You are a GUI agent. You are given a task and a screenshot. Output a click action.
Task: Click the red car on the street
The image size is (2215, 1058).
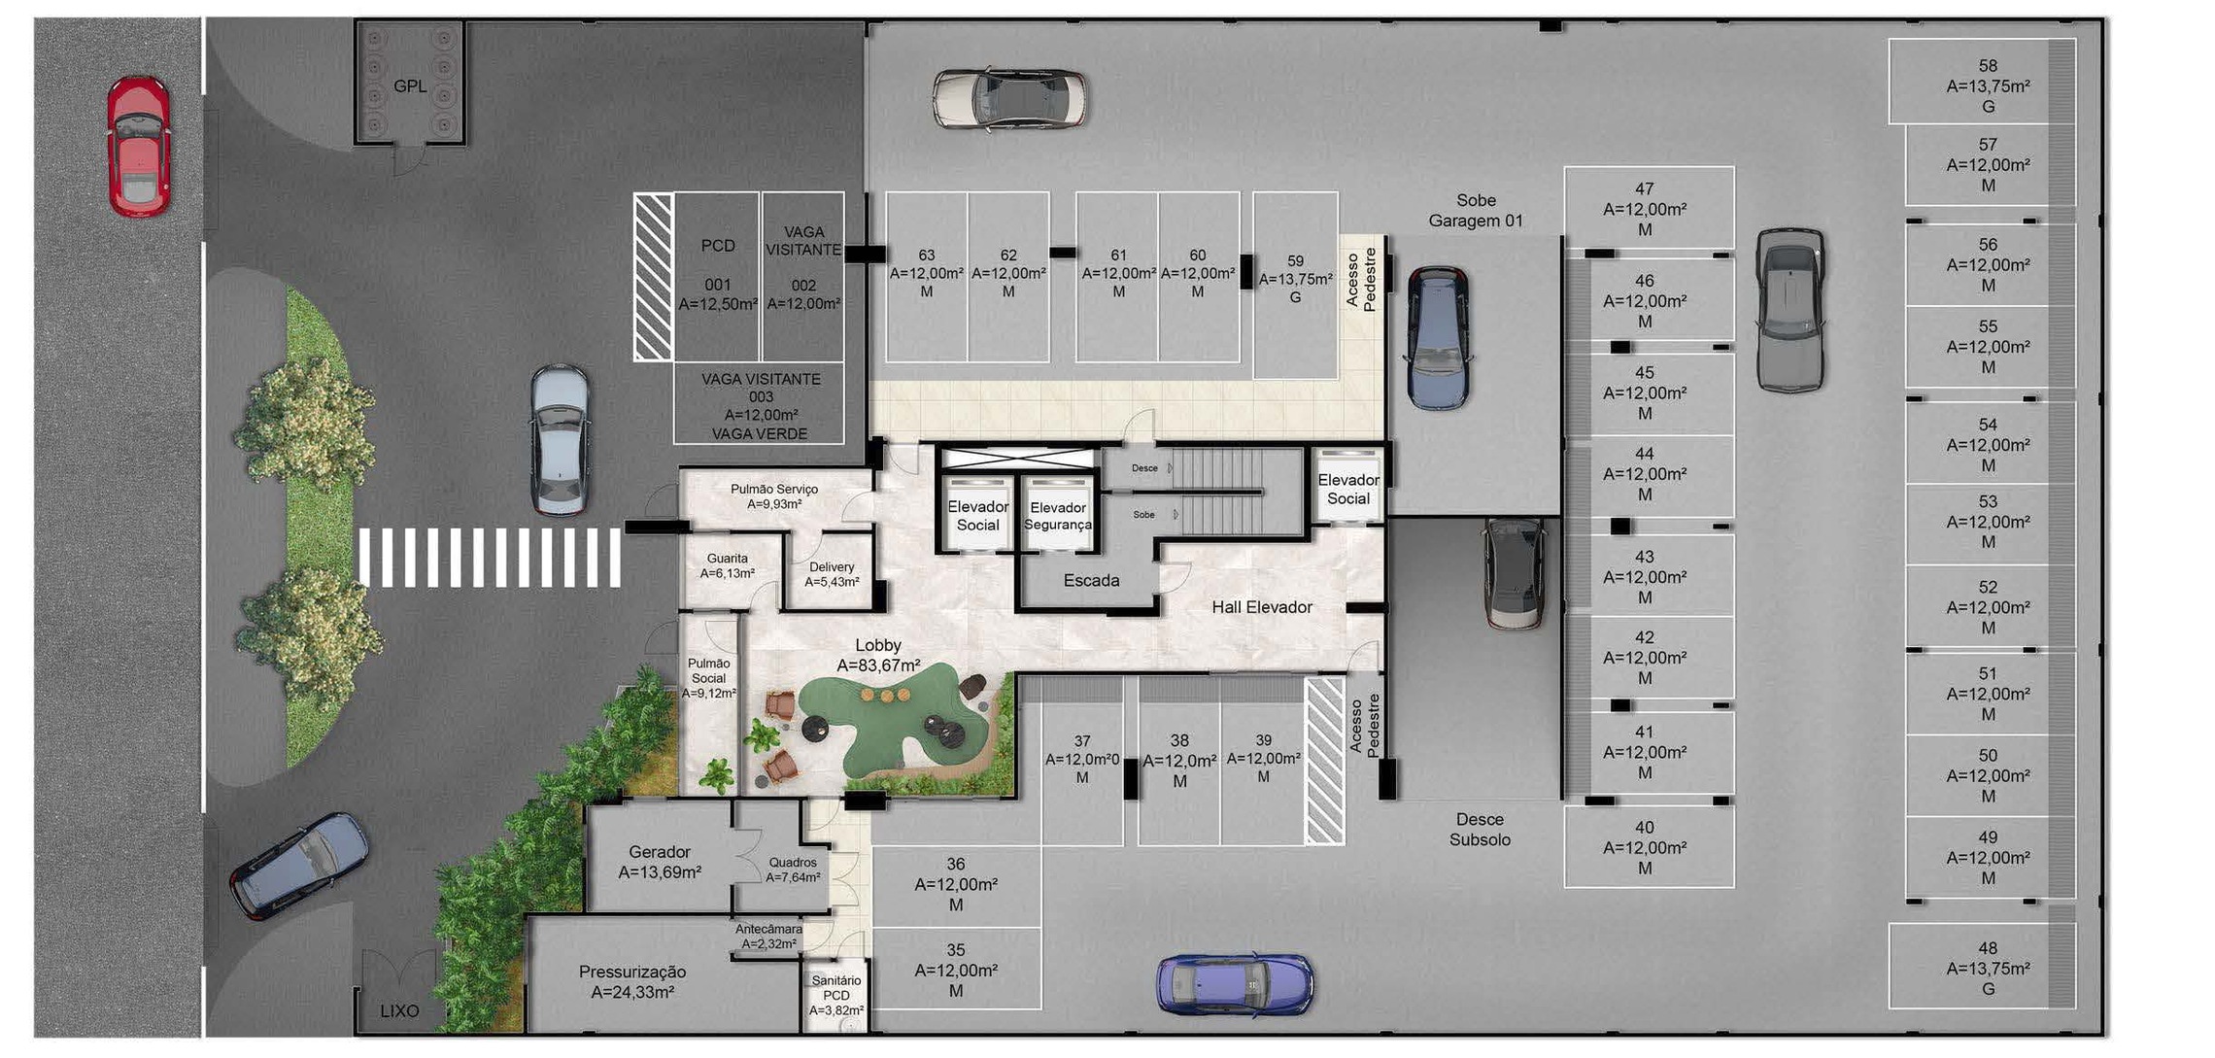pos(138,146)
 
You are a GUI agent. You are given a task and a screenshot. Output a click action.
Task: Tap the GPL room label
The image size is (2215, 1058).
pos(409,86)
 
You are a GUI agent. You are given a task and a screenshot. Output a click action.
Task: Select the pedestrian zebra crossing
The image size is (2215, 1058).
pos(489,558)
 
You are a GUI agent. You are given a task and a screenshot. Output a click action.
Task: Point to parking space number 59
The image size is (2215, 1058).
pos(1295,280)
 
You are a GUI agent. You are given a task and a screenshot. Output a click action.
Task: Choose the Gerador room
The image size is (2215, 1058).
pos(660,862)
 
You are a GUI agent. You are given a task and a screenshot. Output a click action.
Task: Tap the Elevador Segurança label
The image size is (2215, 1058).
pos(1058,516)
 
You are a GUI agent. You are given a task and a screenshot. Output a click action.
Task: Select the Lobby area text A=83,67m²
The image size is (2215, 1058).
pos(878,666)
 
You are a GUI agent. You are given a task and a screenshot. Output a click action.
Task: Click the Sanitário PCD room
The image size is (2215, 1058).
pos(835,996)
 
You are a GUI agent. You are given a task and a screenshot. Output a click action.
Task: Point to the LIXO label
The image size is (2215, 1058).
pos(399,1011)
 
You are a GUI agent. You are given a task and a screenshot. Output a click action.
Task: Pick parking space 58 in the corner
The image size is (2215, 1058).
pos(1987,85)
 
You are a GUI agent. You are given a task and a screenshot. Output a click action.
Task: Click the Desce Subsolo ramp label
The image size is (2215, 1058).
pos(1480,830)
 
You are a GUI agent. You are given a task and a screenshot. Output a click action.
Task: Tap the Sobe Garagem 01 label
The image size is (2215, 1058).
pos(1475,211)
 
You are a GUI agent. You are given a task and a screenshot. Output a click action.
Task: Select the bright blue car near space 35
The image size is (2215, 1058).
pos(1234,984)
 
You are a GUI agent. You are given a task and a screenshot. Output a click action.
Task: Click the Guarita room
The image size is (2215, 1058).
pos(728,566)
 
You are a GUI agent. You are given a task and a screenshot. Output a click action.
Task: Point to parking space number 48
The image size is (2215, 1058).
pos(1987,968)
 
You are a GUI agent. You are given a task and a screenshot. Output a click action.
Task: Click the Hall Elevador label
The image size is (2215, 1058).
pos(1261,607)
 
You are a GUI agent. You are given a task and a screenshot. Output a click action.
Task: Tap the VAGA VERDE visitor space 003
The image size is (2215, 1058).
pos(760,406)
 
